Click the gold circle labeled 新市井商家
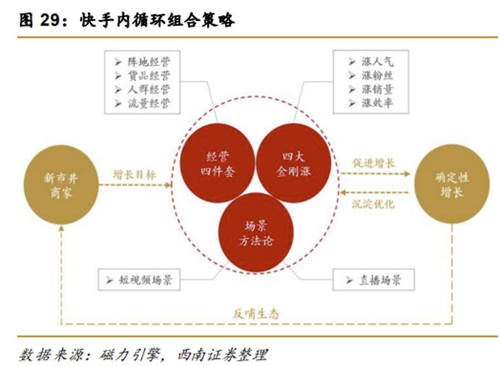coord(61,185)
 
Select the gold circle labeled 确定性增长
coord(452,184)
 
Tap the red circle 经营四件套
coord(218,163)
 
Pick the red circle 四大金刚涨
coord(294,163)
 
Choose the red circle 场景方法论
coord(256,232)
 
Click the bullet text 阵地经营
coord(149,62)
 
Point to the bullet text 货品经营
coord(149,75)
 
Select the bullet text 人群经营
coord(149,89)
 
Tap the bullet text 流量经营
coord(149,104)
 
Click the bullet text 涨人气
coord(377,61)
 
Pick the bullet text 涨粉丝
coord(377,75)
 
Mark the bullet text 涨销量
coord(377,89)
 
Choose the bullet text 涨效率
coord(377,103)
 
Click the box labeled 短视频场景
coord(139,280)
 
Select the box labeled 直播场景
coord(374,280)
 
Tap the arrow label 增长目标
coord(134,174)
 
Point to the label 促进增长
coord(374,163)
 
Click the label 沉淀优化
coord(373,203)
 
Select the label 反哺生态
coord(256,314)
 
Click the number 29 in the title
coord(50,20)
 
